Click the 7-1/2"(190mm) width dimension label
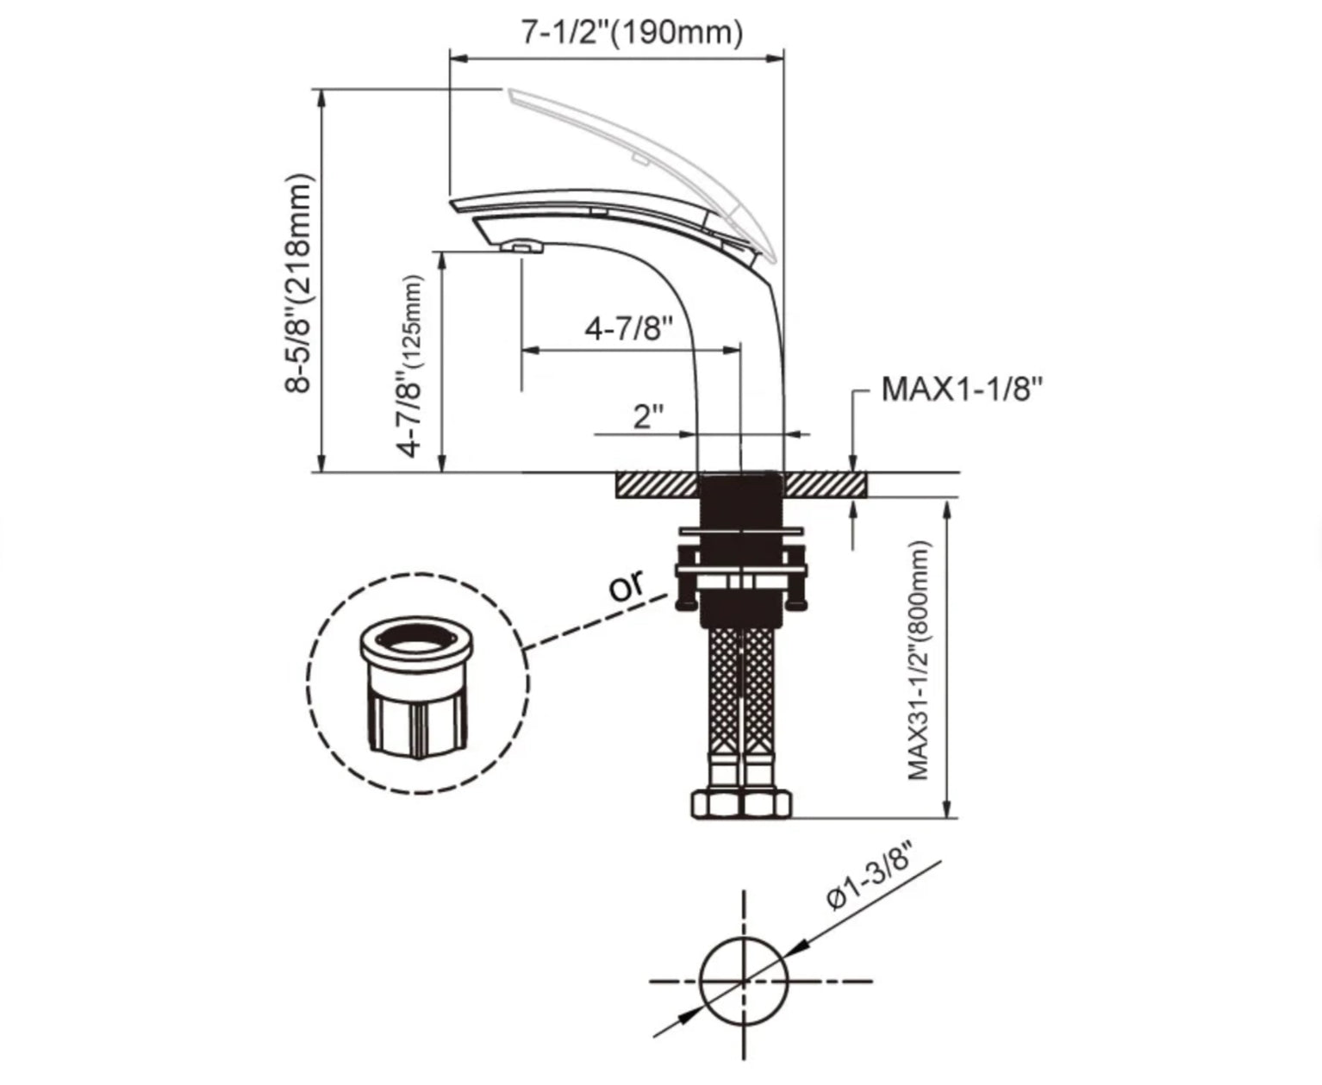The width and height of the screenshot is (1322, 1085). coord(633,32)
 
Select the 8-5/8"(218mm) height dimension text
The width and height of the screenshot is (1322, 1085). coord(297,284)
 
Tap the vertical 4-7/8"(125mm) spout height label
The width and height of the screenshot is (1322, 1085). coord(409,366)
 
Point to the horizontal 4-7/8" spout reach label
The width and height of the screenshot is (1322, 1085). coord(629,327)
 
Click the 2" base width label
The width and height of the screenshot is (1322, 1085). coord(648,417)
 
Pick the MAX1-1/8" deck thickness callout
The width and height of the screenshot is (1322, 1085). coord(962,390)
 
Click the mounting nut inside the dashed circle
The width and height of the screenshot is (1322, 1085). coord(415,687)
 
